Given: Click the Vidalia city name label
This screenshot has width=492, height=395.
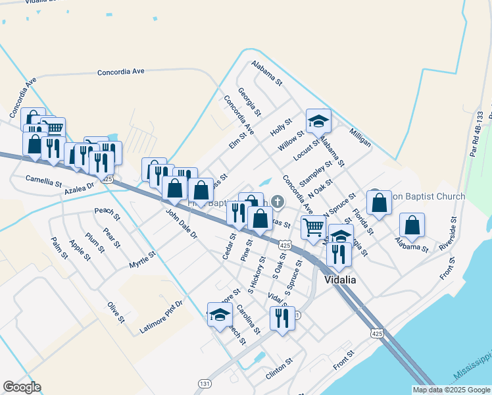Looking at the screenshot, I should click(341, 280).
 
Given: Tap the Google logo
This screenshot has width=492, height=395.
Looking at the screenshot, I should click(22, 387).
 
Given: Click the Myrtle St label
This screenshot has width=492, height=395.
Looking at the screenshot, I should click(142, 255).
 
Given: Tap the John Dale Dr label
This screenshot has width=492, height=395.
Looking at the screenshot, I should click(181, 224).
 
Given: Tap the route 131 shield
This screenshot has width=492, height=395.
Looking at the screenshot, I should click(205, 382).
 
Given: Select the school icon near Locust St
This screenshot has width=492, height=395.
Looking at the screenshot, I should click(318, 121).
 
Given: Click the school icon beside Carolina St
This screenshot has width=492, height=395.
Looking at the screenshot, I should click(219, 315).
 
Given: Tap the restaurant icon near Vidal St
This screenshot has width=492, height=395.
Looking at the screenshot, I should click(282, 318).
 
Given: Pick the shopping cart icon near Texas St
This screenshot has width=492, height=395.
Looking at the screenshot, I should click(314, 227).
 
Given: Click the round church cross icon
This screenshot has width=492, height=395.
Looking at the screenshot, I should click(278, 200).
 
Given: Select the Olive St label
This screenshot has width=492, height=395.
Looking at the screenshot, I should click(116, 313).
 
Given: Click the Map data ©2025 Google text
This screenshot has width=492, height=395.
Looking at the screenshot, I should click(451, 390).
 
